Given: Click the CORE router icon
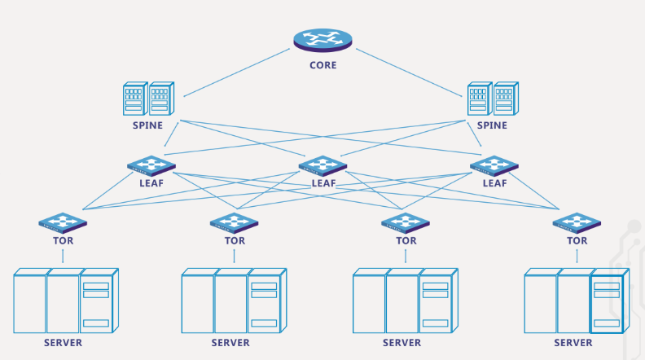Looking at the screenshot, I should pyautogui.click(x=322, y=40).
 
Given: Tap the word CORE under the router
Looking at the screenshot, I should pyautogui.click(x=322, y=65).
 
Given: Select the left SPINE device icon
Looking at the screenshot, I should pyautogui.click(x=147, y=99).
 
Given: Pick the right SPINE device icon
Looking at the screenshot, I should pyautogui.click(x=493, y=99).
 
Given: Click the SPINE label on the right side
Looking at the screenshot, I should pyautogui.click(x=492, y=125).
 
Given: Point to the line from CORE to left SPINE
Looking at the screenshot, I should pyautogui.click(x=236, y=72).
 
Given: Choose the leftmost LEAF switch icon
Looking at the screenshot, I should pyautogui.click(x=151, y=165).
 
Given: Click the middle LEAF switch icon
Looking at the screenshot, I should pyautogui.click(x=322, y=165).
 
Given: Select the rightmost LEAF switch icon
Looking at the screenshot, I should pyautogui.click(x=494, y=165).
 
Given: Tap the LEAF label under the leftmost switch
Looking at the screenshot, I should pyautogui.click(x=151, y=183).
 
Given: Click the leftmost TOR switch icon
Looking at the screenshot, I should pyautogui.click(x=63, y=222).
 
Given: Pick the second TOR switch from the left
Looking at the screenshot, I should pyautogui.click(x=234, y=222).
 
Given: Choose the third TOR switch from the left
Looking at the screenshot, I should pyautogui.click(x=406, y=222).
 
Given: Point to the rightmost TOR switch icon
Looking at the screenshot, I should pyautogui.click(x=577, y=222).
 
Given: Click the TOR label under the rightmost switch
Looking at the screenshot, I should pyautogui.click(x=577, y=240).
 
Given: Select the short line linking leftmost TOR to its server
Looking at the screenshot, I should pyautogui.click(x=63, y=256).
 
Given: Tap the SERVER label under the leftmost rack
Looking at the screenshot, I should pyautogui.click(x=63, y=343).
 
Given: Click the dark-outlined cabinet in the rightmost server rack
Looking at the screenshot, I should pyautogui.click(x=607, y=301).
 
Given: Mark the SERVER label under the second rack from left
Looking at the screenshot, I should pyautogui.click(x=230, y=343).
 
